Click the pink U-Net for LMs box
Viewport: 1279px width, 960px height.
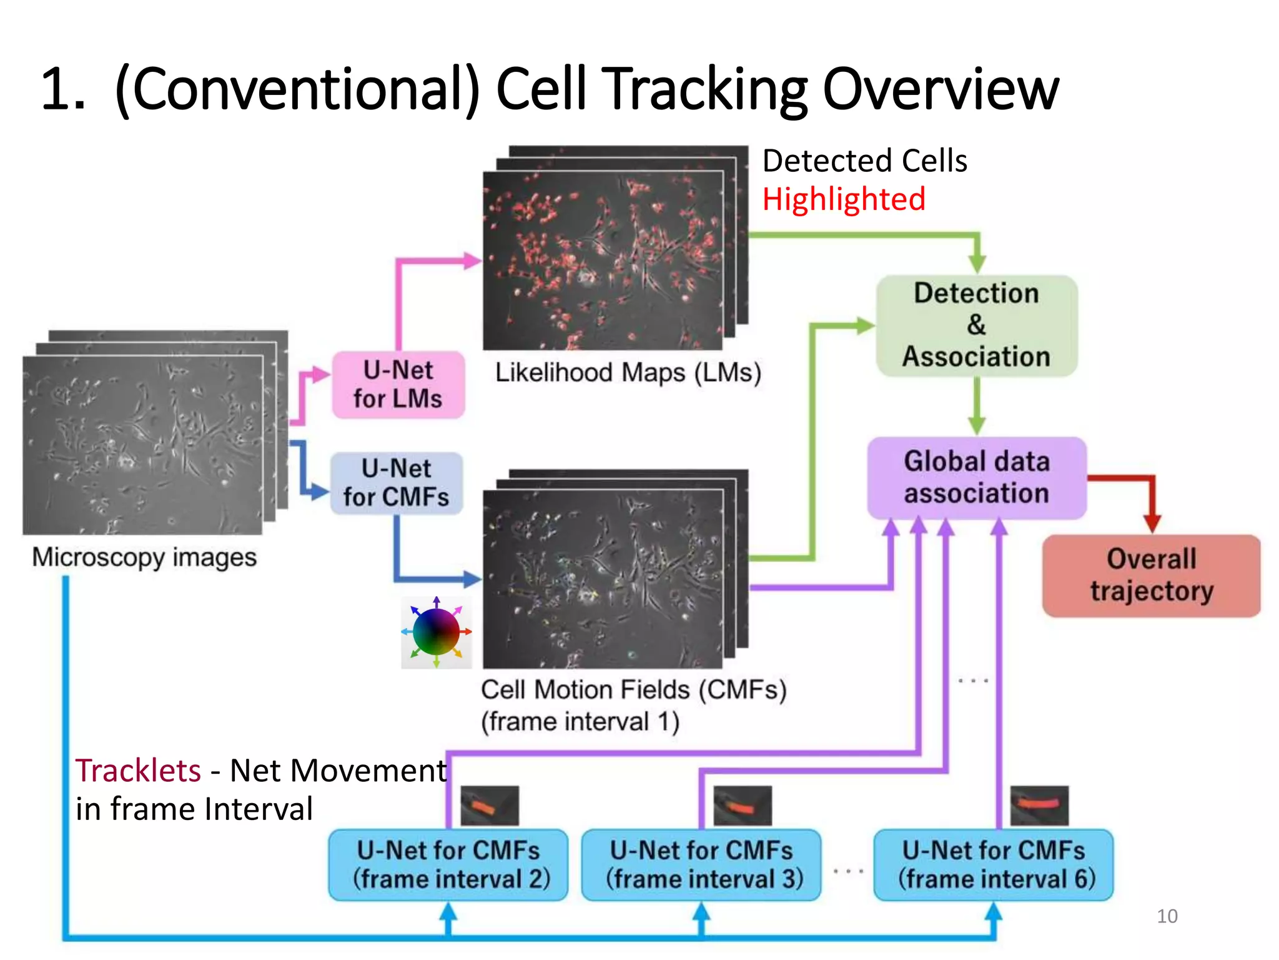click(x=398, y=384)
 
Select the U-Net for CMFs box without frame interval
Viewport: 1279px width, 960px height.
click(x=397, y=483)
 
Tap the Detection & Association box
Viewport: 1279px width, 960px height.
click(x=976, y=326)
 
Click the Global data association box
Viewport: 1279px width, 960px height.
click(x=976, y=477)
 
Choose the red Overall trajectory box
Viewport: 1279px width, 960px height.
click(x=1151, y=576)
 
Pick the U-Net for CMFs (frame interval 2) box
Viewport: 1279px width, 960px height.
click(x=448, y=865)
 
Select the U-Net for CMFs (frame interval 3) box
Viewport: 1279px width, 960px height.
click(x=701, y=865)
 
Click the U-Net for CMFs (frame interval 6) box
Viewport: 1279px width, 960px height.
click(x=993, y=865)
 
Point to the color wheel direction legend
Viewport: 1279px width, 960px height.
click(x=437, y=632)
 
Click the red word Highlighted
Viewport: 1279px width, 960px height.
click(x=843, y=200)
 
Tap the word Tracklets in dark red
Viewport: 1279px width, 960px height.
click(x=138, y=770)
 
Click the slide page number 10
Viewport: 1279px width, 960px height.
click(x=1167, y=916)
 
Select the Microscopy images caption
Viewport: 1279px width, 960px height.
click(x=144, y=557)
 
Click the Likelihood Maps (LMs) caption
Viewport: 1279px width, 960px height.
click(x=628, y=372)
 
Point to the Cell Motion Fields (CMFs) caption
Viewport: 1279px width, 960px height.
click(x=633, y=690)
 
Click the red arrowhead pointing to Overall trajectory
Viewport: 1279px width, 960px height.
click(x=1152, y=523)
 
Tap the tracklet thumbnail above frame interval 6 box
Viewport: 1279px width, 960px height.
click(x=1039, y=805)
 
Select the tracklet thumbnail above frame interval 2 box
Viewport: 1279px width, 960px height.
click(x=489, y=805)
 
